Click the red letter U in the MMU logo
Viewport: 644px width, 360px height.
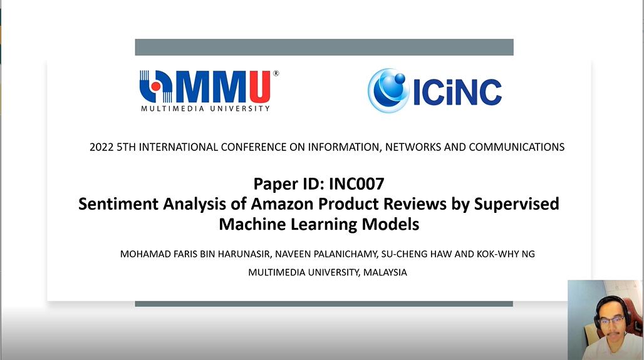pos(260,86)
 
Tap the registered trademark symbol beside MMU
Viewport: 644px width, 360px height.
pos(276,73)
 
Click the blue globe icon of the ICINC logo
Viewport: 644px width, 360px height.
pos(388,90)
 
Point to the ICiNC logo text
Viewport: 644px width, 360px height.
pos(457,92)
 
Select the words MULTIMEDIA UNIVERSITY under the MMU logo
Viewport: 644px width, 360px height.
pos(205,109)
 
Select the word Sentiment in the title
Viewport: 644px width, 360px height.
pos(118,204)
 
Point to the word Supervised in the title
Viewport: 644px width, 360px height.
pos(517,205)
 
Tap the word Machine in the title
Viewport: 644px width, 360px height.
pos(252,225)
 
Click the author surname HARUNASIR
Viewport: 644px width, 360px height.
pos(244,254)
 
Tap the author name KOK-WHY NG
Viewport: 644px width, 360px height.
pos(506,254)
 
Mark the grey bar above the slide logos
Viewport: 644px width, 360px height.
pos(325,47)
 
